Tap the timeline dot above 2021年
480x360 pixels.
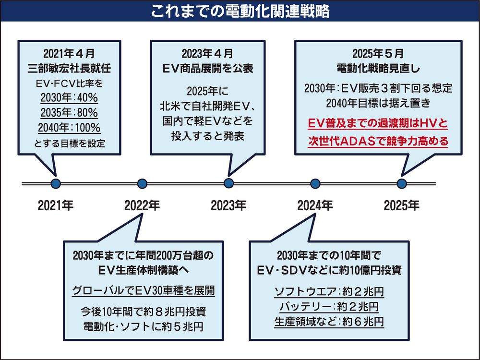56,183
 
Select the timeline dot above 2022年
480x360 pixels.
142,183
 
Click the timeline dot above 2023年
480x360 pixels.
229,183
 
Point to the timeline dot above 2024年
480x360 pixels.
315,183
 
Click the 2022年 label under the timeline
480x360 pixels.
142,206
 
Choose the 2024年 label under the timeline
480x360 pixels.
315,206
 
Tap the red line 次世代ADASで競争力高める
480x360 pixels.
378,142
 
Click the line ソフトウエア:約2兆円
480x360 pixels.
329,291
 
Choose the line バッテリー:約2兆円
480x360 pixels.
329,306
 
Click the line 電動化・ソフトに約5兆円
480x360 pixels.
144,326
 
